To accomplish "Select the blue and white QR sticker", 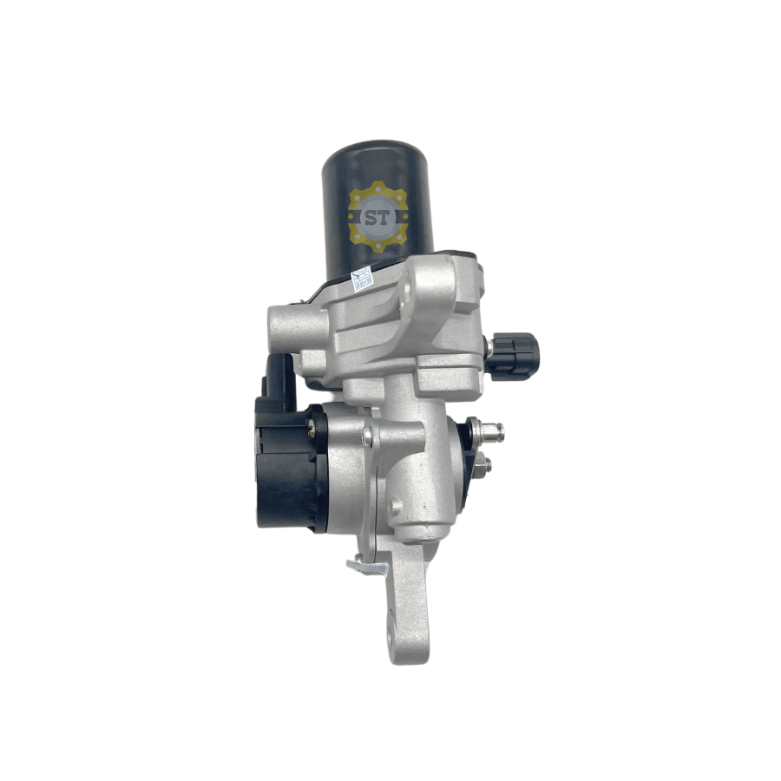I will (x=362, y=279).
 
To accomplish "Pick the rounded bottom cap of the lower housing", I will (x=425, y=529).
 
